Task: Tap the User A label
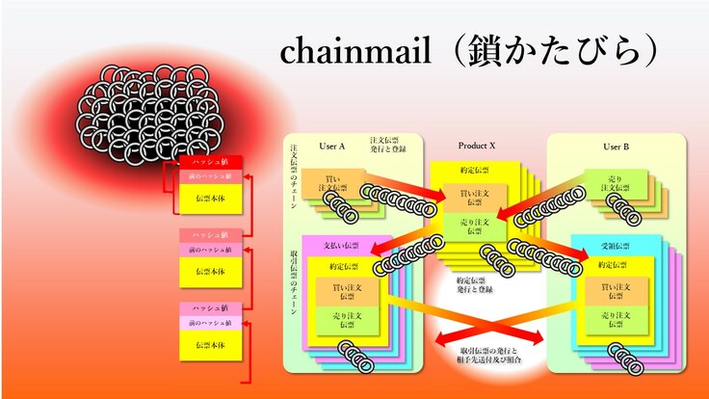[x=331, y=146]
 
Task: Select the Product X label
[x=476, y=146]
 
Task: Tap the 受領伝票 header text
[x=614, y=246]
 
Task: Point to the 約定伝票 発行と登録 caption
[x=474, y=284]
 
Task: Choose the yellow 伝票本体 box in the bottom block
[x=210, y=344]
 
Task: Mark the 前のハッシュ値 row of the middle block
[x=210, y=250]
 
